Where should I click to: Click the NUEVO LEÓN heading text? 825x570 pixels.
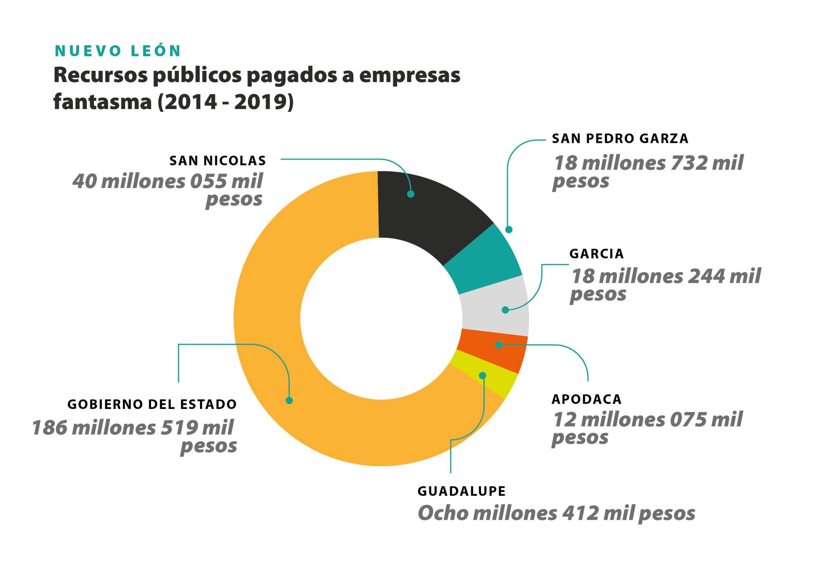click(x=118, y=51)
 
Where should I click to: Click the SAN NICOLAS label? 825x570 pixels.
click(x=218, y=161)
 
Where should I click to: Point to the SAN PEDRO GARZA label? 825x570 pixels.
click(x=620, y=138)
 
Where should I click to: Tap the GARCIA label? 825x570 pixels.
click(x=596, y=254)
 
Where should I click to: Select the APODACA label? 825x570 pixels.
click(x=587, y=399)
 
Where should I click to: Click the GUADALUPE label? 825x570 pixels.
click(x=462, y=491)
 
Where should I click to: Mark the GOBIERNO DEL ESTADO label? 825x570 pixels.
click(x=152, y=404)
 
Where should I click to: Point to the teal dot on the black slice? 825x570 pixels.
click(x=410, y=194)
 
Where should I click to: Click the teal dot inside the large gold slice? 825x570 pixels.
click(x=289, y=401)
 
